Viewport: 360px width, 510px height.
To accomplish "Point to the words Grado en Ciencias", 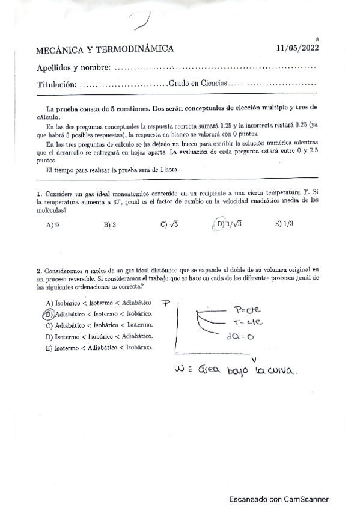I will [x=198, y=84].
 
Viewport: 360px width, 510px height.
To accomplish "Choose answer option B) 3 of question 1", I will [x=109, y=225].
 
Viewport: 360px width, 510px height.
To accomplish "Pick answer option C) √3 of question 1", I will [x=169, y=225].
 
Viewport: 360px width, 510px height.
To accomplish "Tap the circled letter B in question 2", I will [x=48, y=313].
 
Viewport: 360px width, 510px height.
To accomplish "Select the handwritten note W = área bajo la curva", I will [x=234, y=370].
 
